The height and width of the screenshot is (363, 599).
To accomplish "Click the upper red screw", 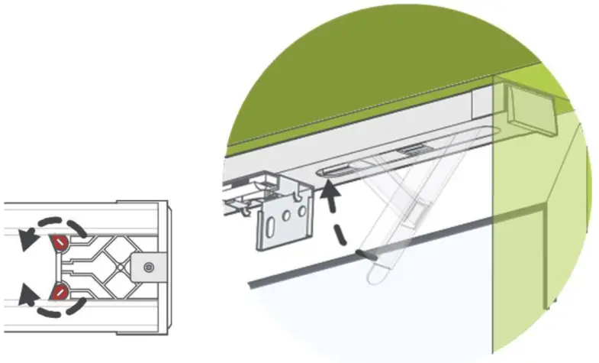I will pyautogui.click(x=58, y=242).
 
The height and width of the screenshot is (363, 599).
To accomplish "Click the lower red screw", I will pyautogui.click(x=58, y=291).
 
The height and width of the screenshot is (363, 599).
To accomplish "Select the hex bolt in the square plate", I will pyautogui.click(x=149, y=267).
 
